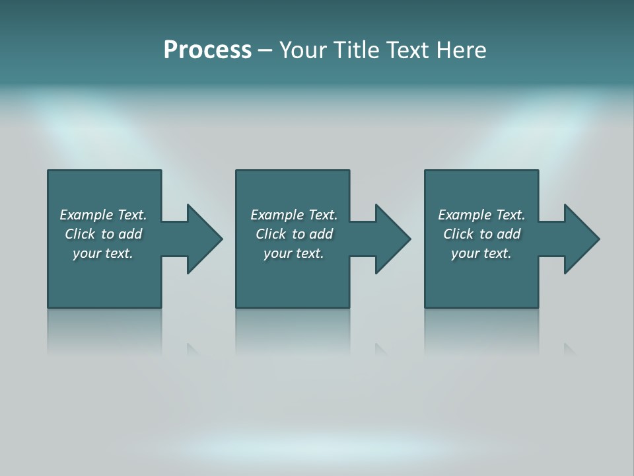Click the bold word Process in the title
pos(207,50)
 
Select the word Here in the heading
pos(460,50)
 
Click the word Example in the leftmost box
pos(87,215)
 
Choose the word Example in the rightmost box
pos(465,215)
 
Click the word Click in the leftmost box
pos(80,234)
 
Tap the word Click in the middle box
pos(271,234)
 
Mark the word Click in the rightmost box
pos(458,234)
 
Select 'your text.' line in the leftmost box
pos(103,253)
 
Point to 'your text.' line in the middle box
pos(294,253)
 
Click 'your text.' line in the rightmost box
pos(481,253)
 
